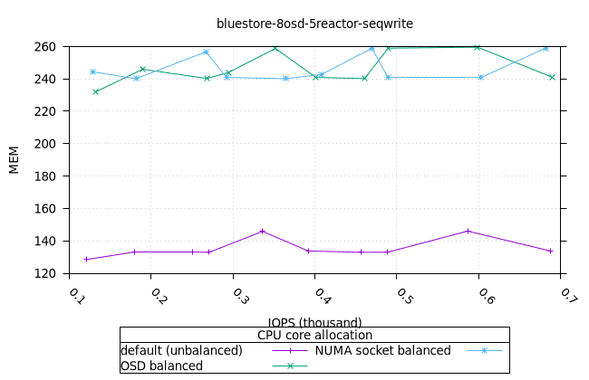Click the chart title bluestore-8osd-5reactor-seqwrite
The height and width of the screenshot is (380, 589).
tap(314, 23)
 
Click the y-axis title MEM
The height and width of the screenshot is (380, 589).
tap(14, 160)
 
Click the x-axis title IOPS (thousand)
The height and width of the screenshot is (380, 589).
tap(314, 322)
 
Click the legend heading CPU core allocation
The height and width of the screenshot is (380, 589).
tap(314, 335)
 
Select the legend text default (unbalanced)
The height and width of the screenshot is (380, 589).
tap(181, 350)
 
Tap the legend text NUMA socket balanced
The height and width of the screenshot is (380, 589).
tap(382, 350)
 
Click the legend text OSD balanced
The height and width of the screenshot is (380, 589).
tap(161, 366)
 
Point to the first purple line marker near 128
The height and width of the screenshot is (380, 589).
tap(87, 260)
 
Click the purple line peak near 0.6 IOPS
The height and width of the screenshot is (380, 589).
tap(468, 231)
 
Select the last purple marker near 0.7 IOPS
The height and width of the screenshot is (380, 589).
tap(550, 251)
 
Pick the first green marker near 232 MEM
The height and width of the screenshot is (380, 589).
tap(95, 91)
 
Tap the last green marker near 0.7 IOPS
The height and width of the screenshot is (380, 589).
tap(552, 77)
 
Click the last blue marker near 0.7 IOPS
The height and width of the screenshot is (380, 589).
tap(546, 48)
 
